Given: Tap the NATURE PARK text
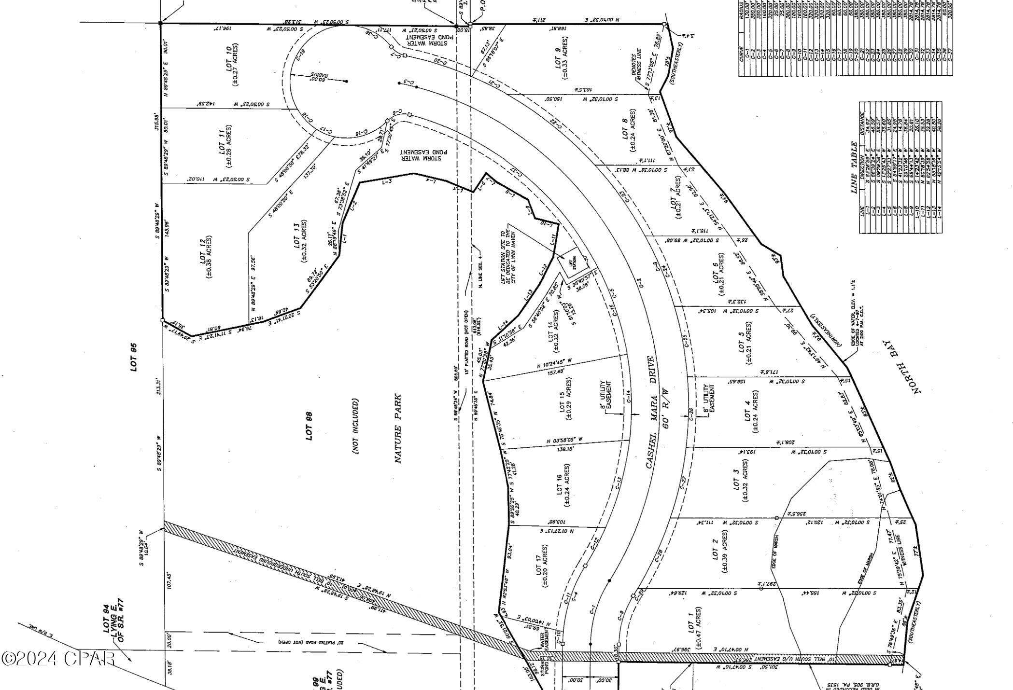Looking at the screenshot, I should tap(398, 429).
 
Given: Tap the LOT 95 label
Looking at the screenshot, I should tap(134, 357).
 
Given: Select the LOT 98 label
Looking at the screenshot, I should tap(310, 426).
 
